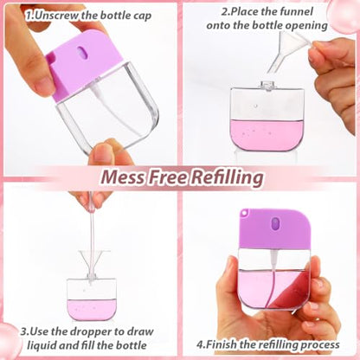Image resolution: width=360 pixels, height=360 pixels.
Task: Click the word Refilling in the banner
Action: pos(228,177)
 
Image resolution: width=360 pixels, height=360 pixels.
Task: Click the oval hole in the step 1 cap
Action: pos(82,52)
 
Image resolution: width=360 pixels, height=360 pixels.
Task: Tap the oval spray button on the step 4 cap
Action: pos(276,223)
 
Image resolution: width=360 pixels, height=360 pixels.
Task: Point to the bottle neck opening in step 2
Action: pos(267,85)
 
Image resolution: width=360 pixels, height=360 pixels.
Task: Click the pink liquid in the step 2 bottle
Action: pos(267,135)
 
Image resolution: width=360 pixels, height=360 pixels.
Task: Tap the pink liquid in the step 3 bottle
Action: pos(92,309)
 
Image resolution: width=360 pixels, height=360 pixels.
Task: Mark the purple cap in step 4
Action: pos(274,228)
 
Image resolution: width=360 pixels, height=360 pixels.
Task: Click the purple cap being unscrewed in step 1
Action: pos(84,65)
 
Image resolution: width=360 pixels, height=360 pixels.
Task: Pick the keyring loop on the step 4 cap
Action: pos(245,212)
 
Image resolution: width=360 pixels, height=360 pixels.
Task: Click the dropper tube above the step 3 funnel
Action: pos(92,231)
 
